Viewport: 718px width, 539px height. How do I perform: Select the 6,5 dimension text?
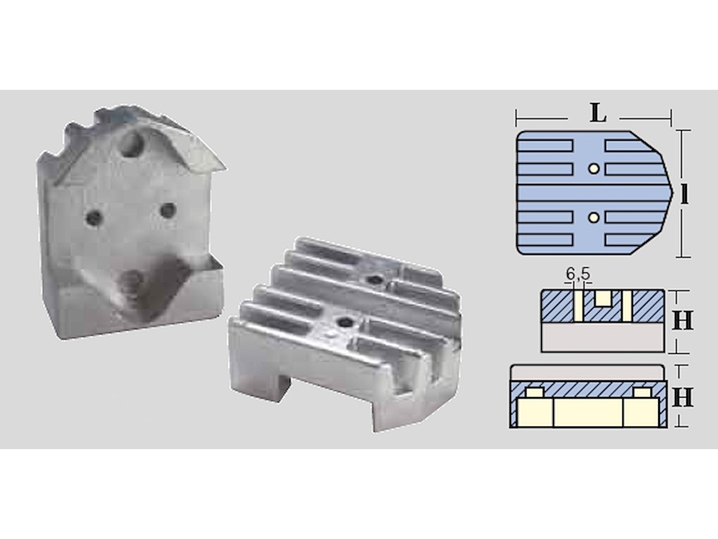coord(579,274)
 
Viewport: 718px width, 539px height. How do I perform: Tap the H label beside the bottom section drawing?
coord(683,398)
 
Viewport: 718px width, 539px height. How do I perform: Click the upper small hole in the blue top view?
coord(594,169)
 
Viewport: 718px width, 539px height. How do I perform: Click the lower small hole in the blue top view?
coord(594,217)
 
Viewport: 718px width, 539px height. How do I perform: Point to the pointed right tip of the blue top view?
coord(673,193)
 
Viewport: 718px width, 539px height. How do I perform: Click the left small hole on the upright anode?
coord(94,216)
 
